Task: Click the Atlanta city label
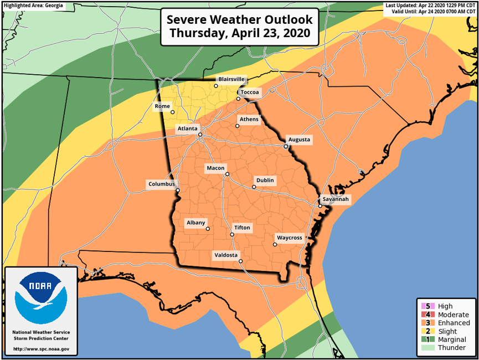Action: click(187, 128)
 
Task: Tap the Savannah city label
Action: click(336, 199)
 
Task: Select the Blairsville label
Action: click(231, 79)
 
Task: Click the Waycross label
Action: click(290, 238)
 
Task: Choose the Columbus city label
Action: click(161, 183)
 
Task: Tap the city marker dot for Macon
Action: click(227, 174)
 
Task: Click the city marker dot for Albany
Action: click(208, 229)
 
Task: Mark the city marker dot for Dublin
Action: click(254, 187)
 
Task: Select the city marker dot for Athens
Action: click(238, 126)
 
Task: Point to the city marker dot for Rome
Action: click(172, 112)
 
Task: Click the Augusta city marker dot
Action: click(286, 147)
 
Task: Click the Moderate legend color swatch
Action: click(425, 315)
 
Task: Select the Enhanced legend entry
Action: click(454, 323)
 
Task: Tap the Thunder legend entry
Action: click(451, 348)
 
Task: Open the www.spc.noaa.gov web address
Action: click(41, 349)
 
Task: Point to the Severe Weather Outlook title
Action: click(240, 26)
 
